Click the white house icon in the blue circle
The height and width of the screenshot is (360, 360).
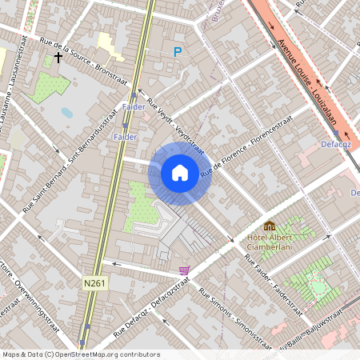(180, 173)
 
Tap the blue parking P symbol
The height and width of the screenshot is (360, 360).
(178, 52)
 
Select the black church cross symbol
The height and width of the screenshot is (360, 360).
(58, 58)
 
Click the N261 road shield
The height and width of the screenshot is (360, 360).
(94, 282)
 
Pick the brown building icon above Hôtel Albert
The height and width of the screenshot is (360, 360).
(270, 226)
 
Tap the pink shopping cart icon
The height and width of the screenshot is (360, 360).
(185, 270)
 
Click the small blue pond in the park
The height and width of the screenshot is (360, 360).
(66, 113)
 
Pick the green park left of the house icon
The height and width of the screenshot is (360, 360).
(142, 203)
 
